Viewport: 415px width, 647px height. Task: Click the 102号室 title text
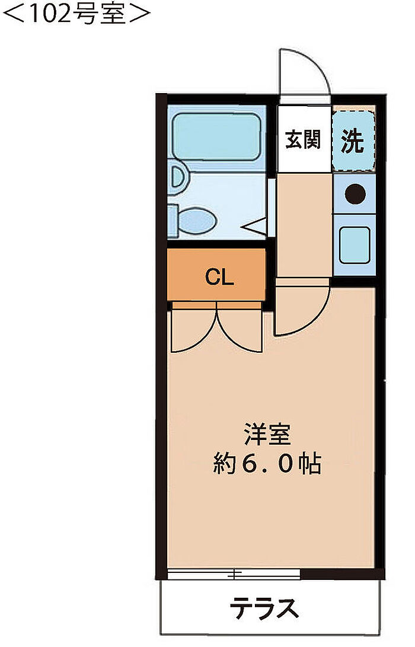pos(76,13)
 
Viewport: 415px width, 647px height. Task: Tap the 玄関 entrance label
pos(303,140)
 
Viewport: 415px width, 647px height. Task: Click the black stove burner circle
pos(355,193)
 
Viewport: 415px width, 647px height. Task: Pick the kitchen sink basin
pos(355,245)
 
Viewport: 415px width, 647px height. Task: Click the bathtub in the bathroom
pos(216,136)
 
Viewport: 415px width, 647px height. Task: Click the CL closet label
pos(219,277)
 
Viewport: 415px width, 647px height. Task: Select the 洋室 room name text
pos(268,435)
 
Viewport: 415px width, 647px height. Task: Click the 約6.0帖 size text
pos(267,464)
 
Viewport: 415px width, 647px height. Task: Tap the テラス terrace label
pos(264,608)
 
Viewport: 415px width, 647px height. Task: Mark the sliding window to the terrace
pos(234,573)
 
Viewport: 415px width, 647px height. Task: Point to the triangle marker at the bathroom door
pos(256,226)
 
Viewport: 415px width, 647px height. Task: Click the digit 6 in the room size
pos(250,464)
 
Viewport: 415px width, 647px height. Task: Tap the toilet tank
pos(173,221)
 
